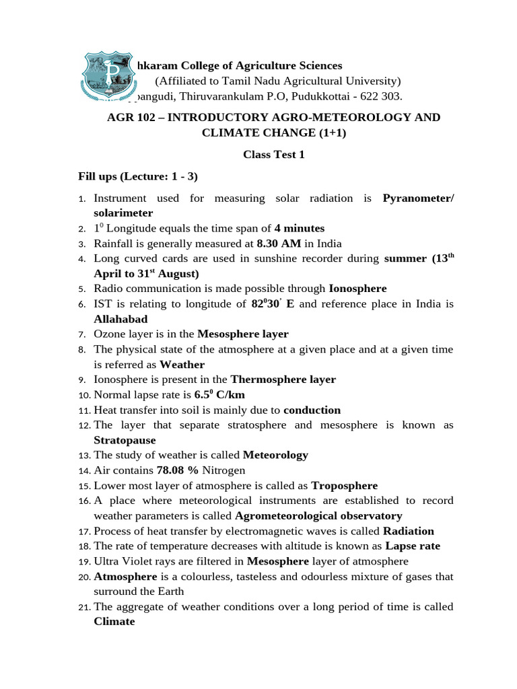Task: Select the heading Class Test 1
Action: click(x=274, y=155)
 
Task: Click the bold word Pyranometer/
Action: click(x=418, y=198)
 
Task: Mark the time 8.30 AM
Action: click(x=281, y=243)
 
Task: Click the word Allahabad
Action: click(x=120, y=319)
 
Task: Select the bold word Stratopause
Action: click(x=125, y=440)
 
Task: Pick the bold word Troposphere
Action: click(x=344, y=485)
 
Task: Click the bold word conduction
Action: click(x=312, y=410)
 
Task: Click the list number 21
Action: click(x=85, y=608)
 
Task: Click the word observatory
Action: click(x=368, y=516)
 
